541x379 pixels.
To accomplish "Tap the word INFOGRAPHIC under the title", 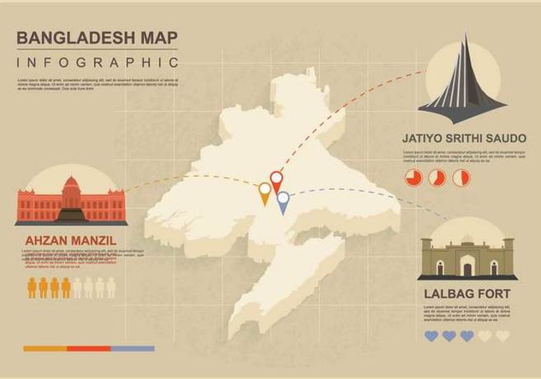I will (x=98, y=62).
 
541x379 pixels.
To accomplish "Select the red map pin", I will (x=276, y=180).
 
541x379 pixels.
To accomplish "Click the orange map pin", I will (x=265, y=192).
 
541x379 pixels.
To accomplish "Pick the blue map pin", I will (x=283, y=200).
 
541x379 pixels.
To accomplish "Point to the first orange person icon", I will (x=33, y=287).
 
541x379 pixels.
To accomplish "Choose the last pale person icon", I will (x=110, y=287).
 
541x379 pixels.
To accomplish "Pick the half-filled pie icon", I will (x=437, y=178).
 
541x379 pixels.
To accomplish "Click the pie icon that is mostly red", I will (x=413, y=178).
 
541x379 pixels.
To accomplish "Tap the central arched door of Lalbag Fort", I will (x=467, y=267).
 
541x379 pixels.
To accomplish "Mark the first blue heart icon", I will (x=431, y=336).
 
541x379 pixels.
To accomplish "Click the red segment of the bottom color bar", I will (x=89, y=349).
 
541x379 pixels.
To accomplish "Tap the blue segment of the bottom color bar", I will (x=133, y=349).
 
